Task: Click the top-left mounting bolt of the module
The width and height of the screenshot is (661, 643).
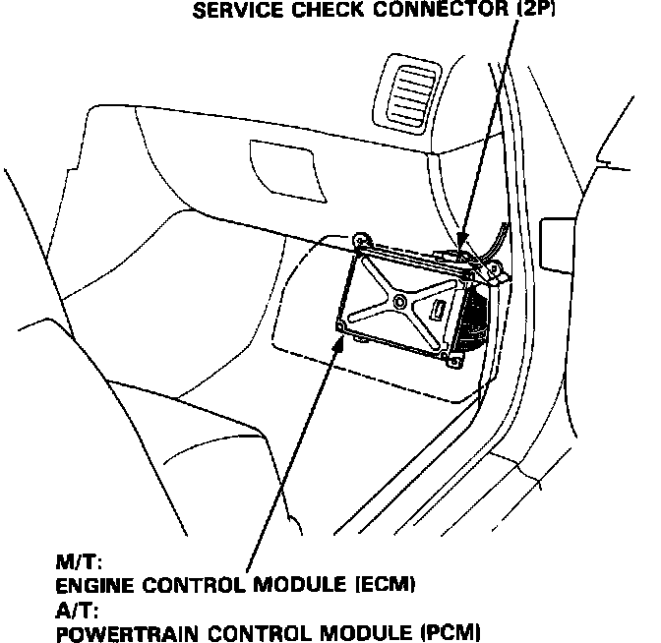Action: point(361,239)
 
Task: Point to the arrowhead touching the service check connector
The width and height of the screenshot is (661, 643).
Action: point(459,246)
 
